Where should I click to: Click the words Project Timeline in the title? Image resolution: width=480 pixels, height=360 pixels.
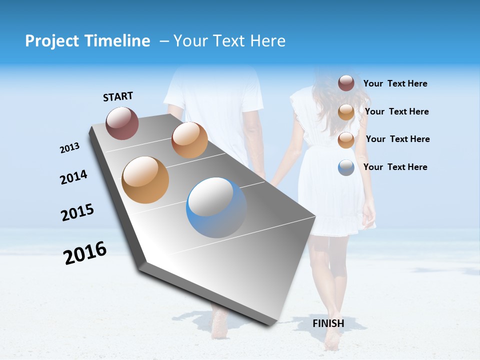click(87, 41)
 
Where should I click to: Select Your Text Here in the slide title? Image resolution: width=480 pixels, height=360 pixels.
click(229, 41)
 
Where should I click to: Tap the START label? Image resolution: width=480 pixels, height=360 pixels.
click(118, 96)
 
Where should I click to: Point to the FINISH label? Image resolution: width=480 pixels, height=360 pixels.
click(328, 323)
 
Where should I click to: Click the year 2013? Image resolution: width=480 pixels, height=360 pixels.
click(69, 148)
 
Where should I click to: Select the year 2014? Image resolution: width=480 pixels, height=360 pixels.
click(73, 177)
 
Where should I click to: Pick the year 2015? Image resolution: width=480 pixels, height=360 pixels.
click(77, 212)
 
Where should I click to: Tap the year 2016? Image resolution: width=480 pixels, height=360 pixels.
click(85, 253)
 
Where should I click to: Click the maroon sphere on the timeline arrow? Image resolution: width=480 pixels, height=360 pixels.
click(122, 123)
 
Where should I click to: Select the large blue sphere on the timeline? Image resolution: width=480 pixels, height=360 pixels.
click(216, 207)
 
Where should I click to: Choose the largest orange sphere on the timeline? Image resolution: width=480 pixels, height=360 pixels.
click(145, 180)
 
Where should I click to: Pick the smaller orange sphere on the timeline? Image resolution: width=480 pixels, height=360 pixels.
click(189, 140)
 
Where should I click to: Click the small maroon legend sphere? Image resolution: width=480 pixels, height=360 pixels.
click(346, 83)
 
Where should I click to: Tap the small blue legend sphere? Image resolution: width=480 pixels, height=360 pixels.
click(346, 167)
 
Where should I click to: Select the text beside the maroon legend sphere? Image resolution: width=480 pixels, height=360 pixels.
click(395, 84)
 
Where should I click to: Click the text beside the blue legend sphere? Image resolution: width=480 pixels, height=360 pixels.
click(395, 167)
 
